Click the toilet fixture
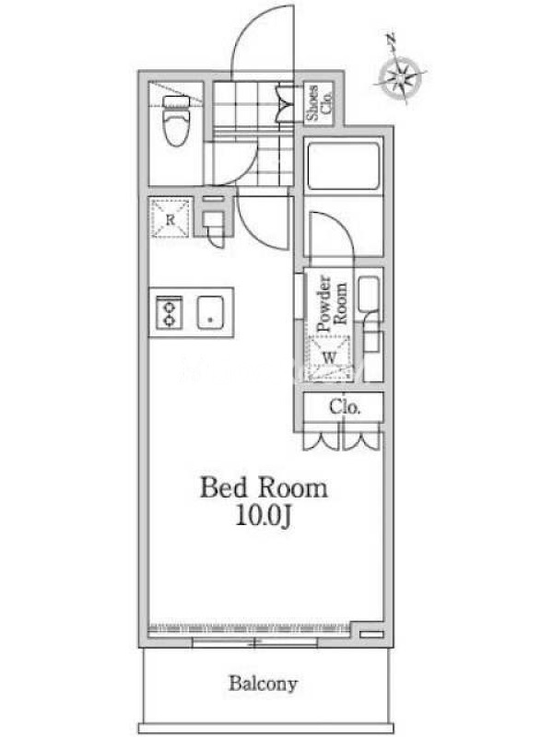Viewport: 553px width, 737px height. [x=176, y=121]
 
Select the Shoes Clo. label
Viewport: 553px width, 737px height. [x=319, y=103]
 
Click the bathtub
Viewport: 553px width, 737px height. [x=343, y=165]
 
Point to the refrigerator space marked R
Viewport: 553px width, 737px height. [x=170, y=218]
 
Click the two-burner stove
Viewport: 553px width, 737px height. [x=169, y=312]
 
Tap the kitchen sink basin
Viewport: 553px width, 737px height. [x=210, y=312]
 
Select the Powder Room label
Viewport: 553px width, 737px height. [x=332, y=303]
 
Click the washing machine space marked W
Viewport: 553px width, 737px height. [x=329, y=357]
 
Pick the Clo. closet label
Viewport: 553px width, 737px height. [x=345, y=406]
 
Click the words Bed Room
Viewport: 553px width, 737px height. [x=264, y=487]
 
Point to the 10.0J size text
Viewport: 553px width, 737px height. [x=264, y=517]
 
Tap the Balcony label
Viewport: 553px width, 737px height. [x=263, y=684]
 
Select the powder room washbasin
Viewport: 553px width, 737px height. [x=369, y=294]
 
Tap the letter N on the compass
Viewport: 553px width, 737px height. [x=390, y=39]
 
